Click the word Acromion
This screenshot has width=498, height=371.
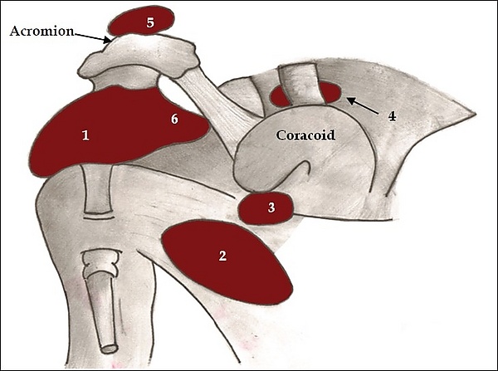tap(42, 32)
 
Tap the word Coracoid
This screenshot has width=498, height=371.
tap(305, 135)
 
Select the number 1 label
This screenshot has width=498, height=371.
tap(85, 135)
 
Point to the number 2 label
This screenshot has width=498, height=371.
tap(222, 256)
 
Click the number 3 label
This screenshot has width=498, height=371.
tap(271, 207)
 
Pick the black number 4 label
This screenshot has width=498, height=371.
tap(393, 116)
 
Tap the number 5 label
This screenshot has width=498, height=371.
tap(150, 22)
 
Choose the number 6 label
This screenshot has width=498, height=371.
tap(174, 120)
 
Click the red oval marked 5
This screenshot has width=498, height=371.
tap(141, 21)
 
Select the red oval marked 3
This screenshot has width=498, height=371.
tap(266, 208)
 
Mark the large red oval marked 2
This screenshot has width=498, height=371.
tap(227, 262)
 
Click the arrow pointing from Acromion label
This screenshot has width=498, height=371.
tap(92, 37)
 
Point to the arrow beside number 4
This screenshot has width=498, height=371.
tap(363, 105)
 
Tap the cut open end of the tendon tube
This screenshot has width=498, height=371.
tap(109, 349)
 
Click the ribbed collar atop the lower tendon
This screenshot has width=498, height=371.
tap(101, 262)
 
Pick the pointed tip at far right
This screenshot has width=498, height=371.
tap(476, 113)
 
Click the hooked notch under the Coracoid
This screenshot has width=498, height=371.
tap(303, 170)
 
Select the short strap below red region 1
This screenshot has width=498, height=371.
tap(98, 189)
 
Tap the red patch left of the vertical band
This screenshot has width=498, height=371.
tap(280, 96)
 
